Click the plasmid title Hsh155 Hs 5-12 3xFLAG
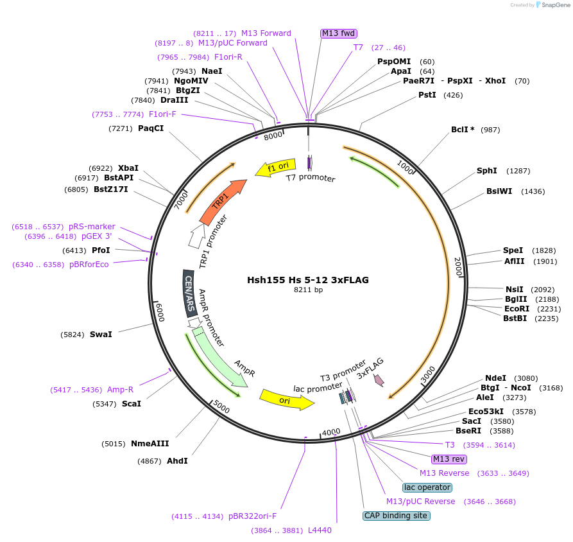pos(308,280)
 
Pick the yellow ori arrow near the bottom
pos(286,399)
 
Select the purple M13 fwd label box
pos(338,33)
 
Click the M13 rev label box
pos(449,459)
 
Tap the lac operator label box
pos(427,487)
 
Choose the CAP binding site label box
pos(396,516)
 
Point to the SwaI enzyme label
pos(101,334)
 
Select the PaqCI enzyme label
pos(151,128)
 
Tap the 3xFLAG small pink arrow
pos(379,380)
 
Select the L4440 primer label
pos(320,530)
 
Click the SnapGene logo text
pos(556,5)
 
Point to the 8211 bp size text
pos(308,290)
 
